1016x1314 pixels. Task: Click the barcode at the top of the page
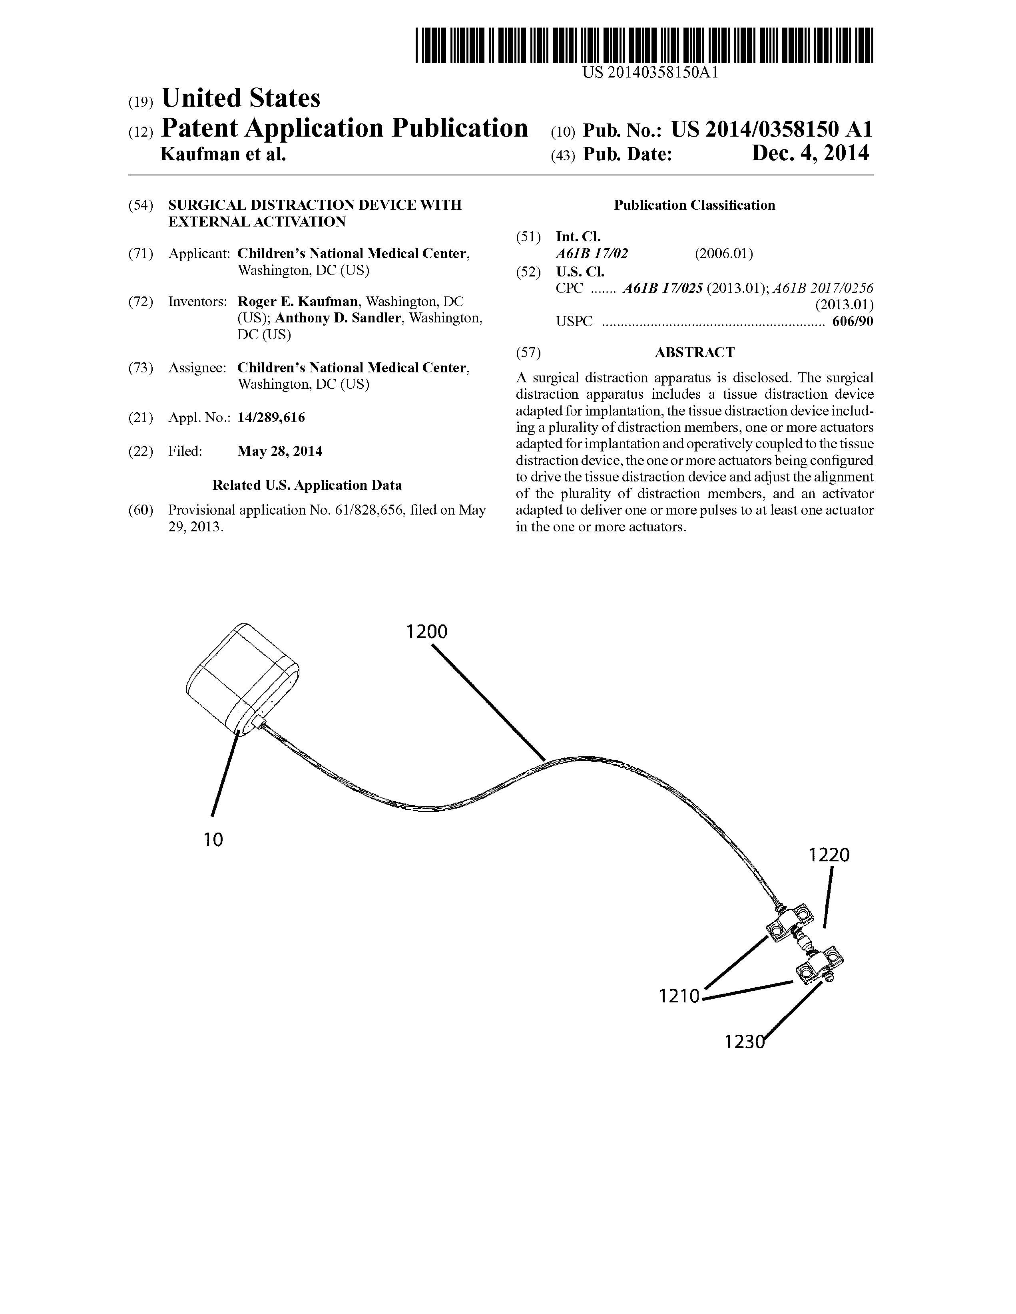pos(644,46)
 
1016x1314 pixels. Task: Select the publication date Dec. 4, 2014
pos(810,154)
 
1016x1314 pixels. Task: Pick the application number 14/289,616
pos(271,417)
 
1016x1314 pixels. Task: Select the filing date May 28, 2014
pos(279,451)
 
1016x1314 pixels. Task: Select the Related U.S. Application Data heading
pos(307,485)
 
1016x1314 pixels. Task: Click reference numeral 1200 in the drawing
pos(426,632)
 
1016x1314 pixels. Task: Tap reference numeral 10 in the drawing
pos(213,839)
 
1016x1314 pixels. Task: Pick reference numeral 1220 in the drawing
pos(829,855)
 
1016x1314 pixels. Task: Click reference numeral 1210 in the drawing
pos(679,996)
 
